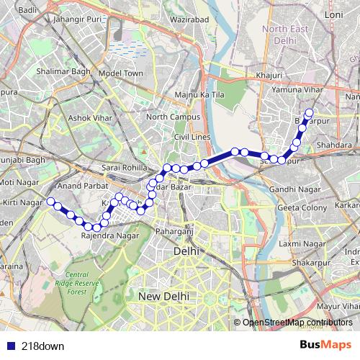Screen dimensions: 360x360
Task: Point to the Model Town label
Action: tap(122, 73)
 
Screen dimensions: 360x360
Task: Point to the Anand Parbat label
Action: tap(81, 186)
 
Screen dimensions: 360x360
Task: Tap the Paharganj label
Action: tap(175, 231)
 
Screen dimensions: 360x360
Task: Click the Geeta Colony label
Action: tap(298, 207)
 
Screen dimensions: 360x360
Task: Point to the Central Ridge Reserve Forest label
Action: tap(77, 283)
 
